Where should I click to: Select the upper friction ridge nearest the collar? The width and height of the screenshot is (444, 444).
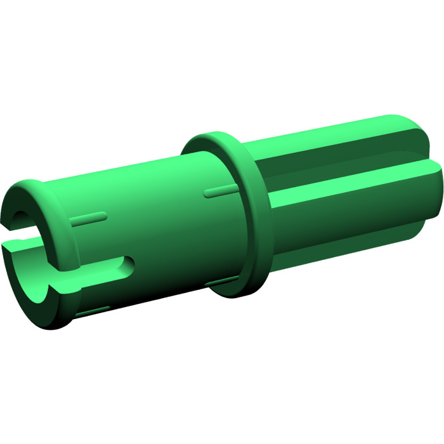tap(218, 191)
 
